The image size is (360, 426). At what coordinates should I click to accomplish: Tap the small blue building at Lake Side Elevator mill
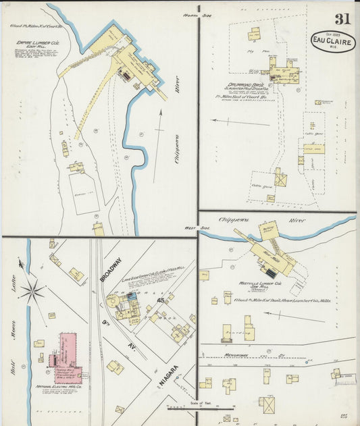click(132, 296)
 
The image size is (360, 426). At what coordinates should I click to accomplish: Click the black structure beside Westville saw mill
click(270, 273)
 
